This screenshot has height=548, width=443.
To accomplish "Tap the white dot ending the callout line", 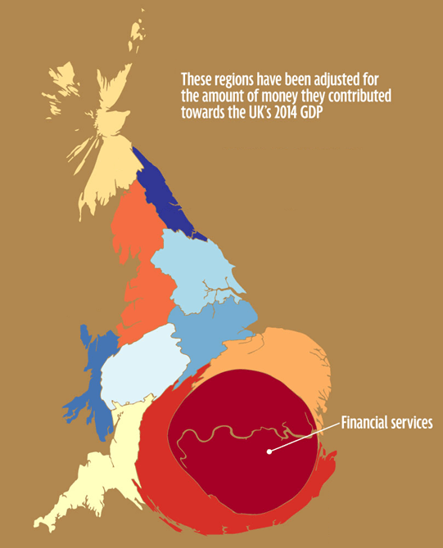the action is tap(269, 450).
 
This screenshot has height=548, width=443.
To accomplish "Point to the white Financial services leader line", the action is tap(303, 437).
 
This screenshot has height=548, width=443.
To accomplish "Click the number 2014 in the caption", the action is tap(284, 111).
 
